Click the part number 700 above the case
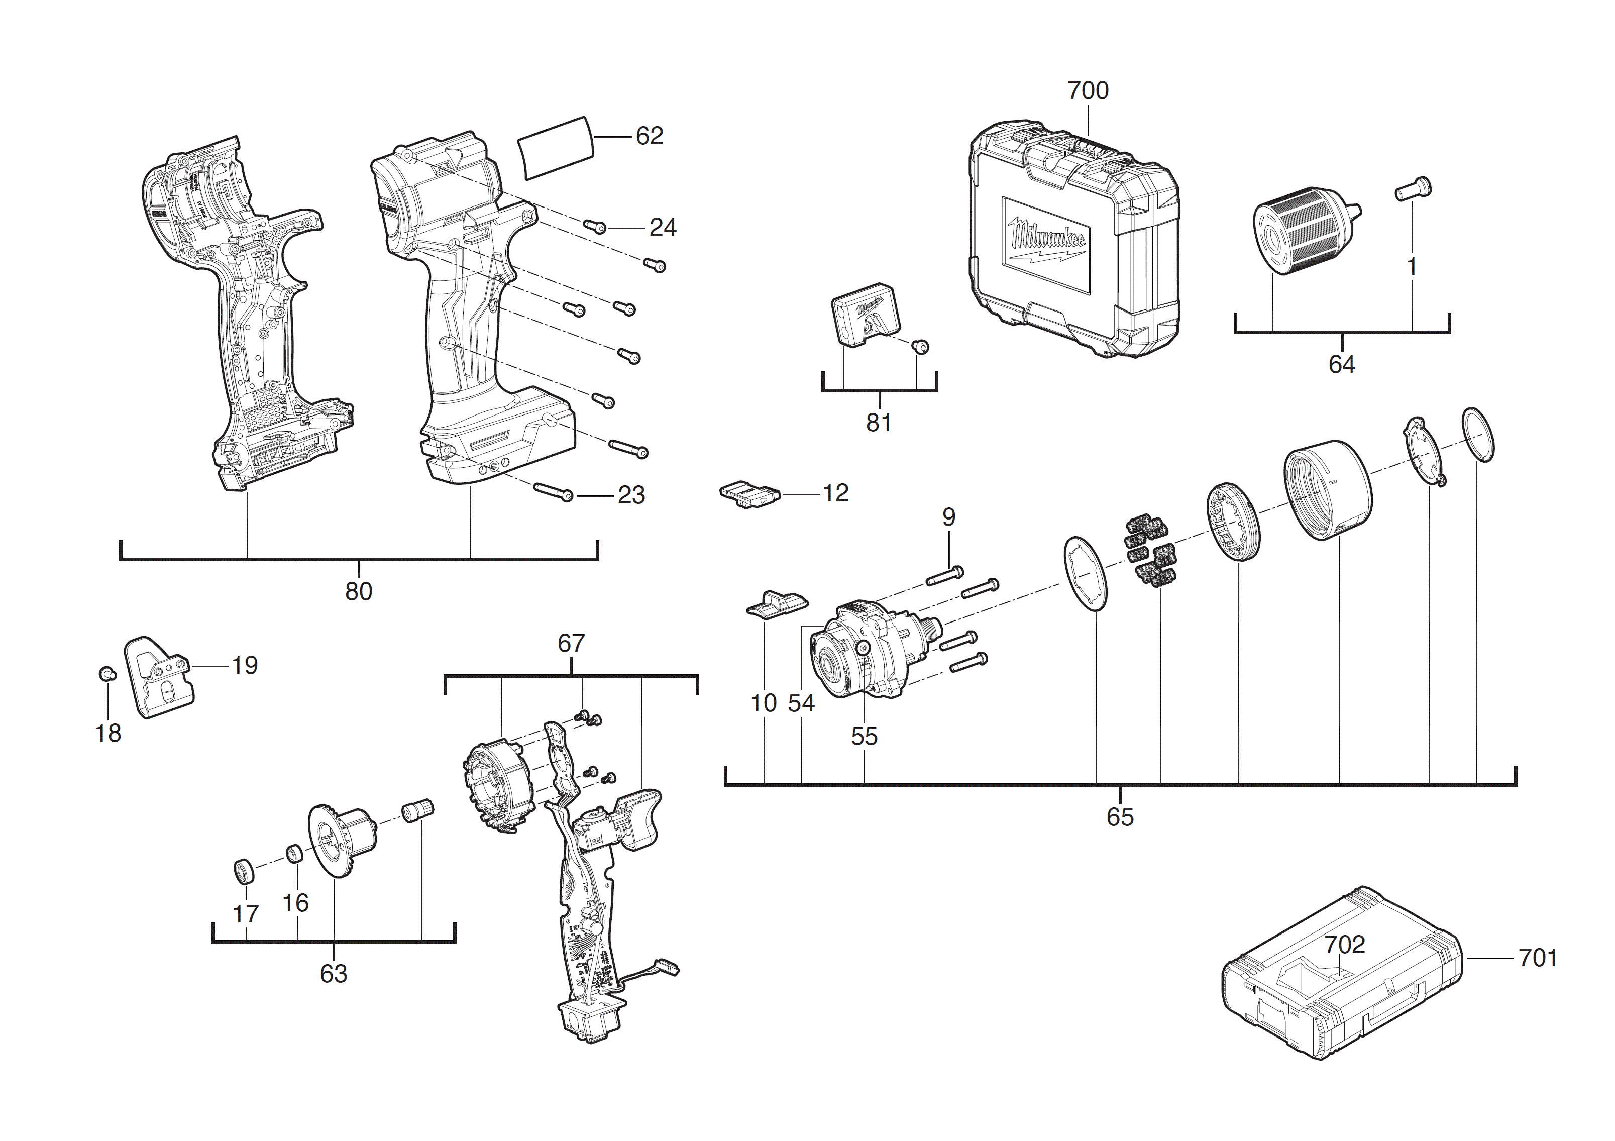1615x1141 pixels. coord(1088,91)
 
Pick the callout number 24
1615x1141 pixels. coord(663,227)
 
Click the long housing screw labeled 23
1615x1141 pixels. coord(554,492)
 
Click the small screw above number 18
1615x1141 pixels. coord(106,673)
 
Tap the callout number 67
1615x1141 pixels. coord(571,643)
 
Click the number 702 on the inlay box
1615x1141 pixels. coord(1344,944)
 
